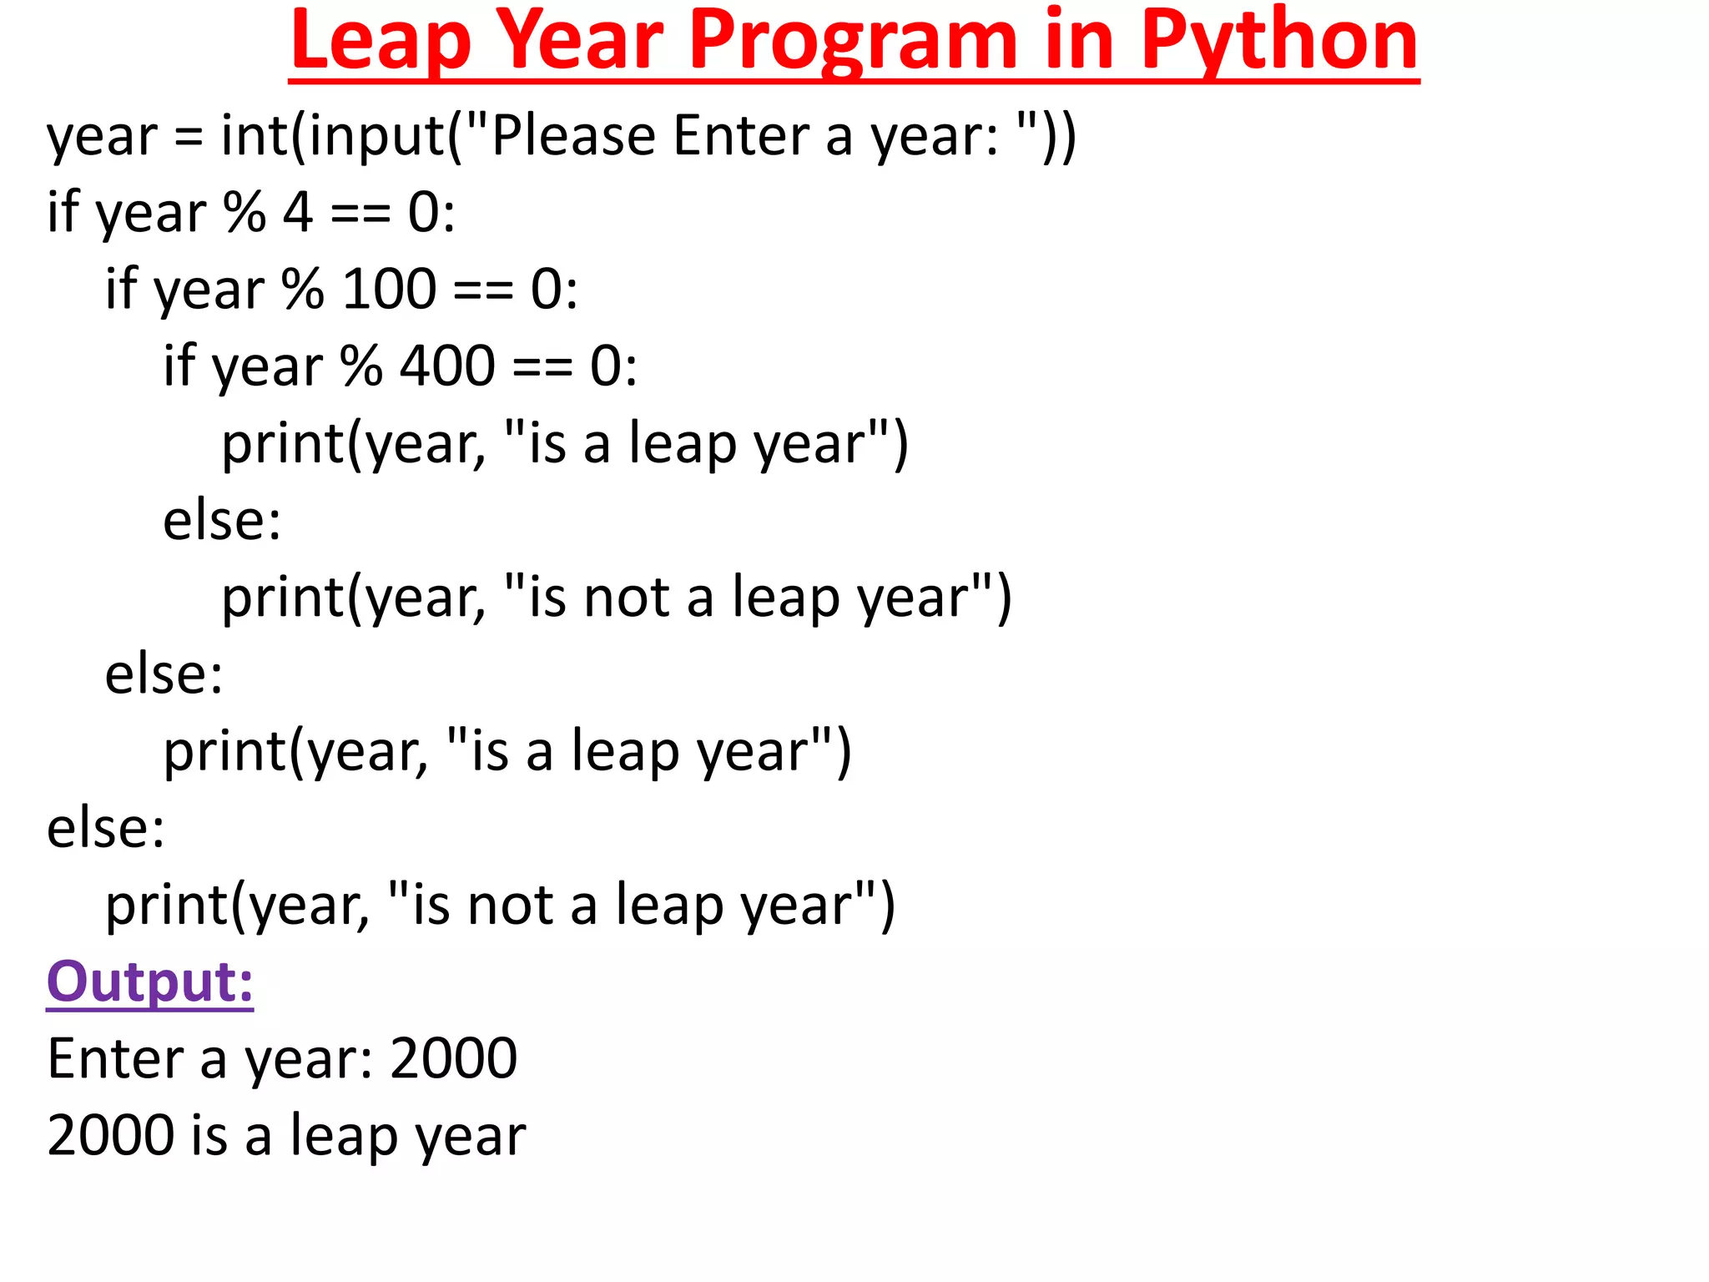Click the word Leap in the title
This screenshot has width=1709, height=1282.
[381, 42]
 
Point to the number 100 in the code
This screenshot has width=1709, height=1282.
[390, 289]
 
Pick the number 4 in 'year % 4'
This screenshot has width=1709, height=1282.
[298, 212]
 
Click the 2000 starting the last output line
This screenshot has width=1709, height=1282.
[111, 1135]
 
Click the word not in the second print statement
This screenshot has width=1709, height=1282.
[627, 598]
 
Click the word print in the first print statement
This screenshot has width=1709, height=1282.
[282, 444]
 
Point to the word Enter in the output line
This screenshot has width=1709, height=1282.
[114, 1058]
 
